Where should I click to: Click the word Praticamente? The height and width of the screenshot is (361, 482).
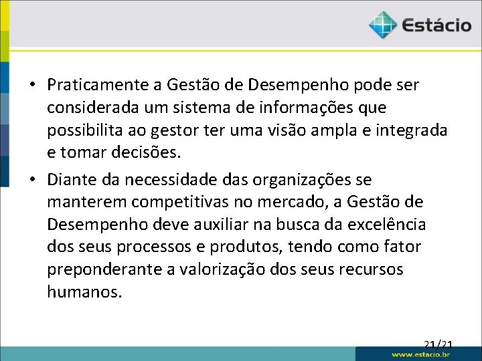coord(96,86)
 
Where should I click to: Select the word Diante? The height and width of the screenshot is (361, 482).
coord(71,180)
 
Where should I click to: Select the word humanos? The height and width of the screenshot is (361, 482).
coord(84,291)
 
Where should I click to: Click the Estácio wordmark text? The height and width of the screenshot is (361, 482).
coord(437,26)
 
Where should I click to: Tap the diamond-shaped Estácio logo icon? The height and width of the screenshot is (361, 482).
coord(383,25)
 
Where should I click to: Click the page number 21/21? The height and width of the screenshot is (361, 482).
coord(438,345)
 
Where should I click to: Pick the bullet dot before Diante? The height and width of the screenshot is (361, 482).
coord(31,180)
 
